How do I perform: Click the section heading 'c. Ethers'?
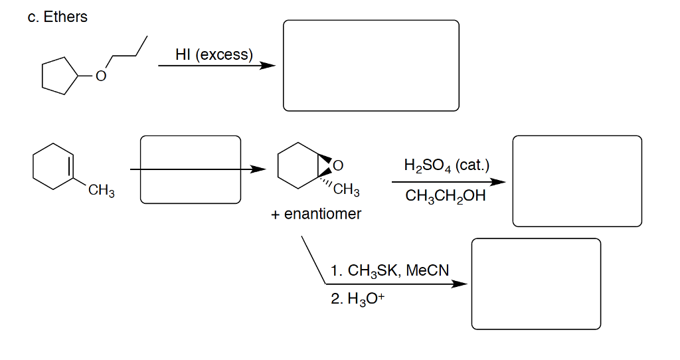(x=58, y=17)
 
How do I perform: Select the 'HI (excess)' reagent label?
(x=214, y=54)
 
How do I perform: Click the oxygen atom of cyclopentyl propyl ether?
(x=100, y=77)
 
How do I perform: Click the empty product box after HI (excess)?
(x=371, y=65)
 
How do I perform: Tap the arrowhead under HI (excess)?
(x=268, y=66)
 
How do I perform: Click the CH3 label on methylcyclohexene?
(x=102, y=193)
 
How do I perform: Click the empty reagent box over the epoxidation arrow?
(x=190, y=170)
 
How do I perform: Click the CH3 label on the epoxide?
(x=346, y=191)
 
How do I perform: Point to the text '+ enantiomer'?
(x=315, y=214)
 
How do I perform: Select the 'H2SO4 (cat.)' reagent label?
(x=446, y=164)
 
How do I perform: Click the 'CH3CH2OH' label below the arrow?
(x=445, y=197)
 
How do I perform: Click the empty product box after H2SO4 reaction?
(x=576, y=181)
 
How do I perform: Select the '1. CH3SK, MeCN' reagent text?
(x=389, y=270)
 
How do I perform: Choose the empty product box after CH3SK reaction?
(x=535, y=284)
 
